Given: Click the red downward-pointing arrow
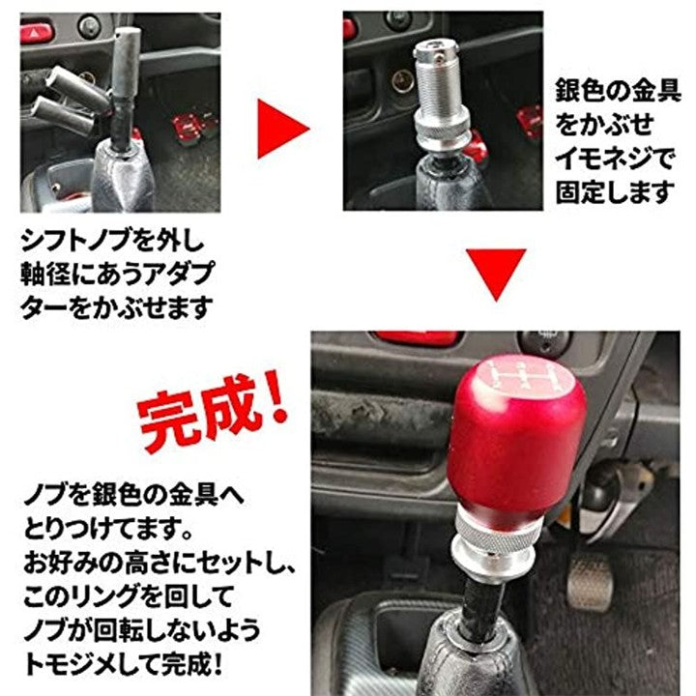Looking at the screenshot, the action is pyautogui.click(x=496, y=272).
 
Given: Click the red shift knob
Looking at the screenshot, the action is pyautogui.click(x=518, y=440).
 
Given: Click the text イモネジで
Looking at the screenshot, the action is pyautogui.click(x=615, y=159).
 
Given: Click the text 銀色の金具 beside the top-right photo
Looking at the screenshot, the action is pyautogui.click(x=618, y=91).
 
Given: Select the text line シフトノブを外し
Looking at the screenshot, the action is pyautogui.click(x=112, y=241).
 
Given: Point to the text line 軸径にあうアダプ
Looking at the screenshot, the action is pyautogui.click(x=117, y=274).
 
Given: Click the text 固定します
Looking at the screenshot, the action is pyautogui.click(x=615, y=191).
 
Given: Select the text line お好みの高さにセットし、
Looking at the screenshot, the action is pyautogui.click(x=159, y=563).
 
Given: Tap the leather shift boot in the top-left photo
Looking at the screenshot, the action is pyautogui.click(x=120, y=178).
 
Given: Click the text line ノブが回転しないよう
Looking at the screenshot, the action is pyautogui.click(x=142, y=630).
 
